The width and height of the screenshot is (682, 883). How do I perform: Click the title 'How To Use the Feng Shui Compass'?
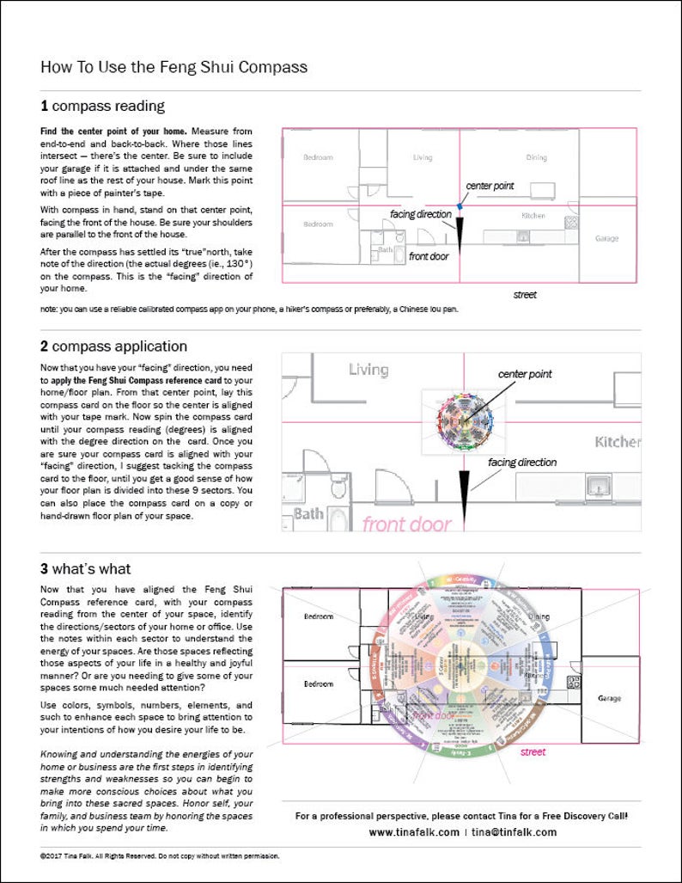pyautogui.click(x=174, y=67)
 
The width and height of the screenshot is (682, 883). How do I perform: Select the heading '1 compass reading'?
pyautogui.click(x=102, y=107)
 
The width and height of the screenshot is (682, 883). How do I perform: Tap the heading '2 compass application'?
pyautogui.click(x=113, y=346)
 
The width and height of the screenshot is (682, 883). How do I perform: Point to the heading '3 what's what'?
pyautogui.click(x=85, y=568)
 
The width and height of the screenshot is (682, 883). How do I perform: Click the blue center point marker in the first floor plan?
pyautogui.click(x=461, y=205)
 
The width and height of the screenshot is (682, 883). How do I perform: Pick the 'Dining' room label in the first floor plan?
pyautogui.click(x=536, y=157)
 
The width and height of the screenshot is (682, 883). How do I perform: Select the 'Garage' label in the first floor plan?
pyautogui.click(x=606, y=238)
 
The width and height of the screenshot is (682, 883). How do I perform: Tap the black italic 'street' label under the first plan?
pyautogui.click(x=525, y=295)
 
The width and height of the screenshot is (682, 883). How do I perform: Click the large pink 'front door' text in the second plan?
pyautogui.click(x=406, y=524)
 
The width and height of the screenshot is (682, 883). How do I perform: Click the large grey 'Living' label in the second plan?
pyautogui.click(x=368, y=370)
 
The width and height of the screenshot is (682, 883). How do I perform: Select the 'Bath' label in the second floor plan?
pyautogui.click(x=308, y=514)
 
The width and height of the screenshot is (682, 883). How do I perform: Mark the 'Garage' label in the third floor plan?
pyautogui.click(x=610, y=698)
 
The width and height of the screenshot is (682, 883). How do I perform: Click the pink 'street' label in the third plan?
pyautogui.click(x=533, y=751)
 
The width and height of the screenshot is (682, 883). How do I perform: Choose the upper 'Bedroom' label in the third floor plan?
pyautogui.click(x=318, y=616)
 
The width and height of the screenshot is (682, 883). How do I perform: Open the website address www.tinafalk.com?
pyautogui.click(x=414, y=832)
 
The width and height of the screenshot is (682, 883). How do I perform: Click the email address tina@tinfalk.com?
pyautogui.click(x=514, y=832)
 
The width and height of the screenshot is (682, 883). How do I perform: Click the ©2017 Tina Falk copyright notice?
pyautogui.click(x=160, y=856)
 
